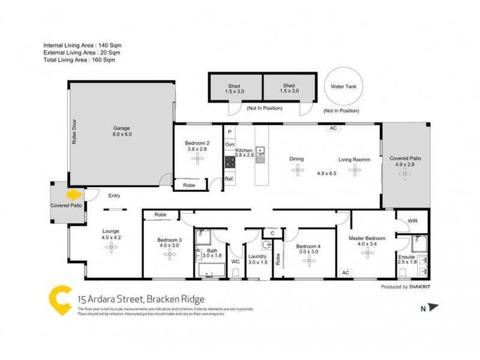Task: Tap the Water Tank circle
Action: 341,87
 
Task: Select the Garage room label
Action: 122,131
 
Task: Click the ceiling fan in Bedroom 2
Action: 196,158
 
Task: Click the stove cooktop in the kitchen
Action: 229,161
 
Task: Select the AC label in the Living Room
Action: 332,128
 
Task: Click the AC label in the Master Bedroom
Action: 345,272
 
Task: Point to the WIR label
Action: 412,221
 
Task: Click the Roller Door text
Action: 74,131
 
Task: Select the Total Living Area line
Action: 79,60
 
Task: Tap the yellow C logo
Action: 60,298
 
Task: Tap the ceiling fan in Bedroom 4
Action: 310,260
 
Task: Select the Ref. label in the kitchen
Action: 229,179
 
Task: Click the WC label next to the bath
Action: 236,262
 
